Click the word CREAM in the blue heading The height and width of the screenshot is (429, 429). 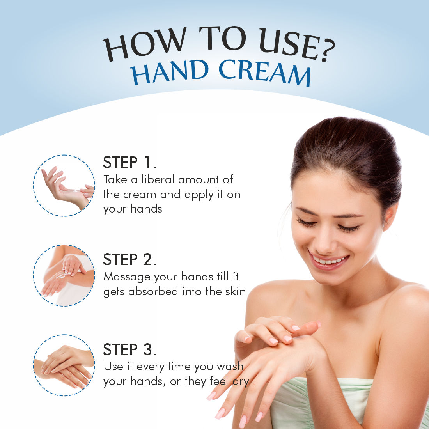click(x=265, y=73)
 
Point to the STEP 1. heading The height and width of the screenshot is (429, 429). click(x=129, y=163)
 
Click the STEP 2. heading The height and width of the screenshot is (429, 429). click(x=129, y=259)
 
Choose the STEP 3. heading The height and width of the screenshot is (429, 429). click(x=129, y=350)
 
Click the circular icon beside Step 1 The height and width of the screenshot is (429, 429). click(x=64, y=186)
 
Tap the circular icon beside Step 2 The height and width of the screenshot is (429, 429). click(x=64, y=275)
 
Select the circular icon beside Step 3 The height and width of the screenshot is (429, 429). click(x=64, y=365)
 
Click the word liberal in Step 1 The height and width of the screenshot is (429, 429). click(x=158, y=179)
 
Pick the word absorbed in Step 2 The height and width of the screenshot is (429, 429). click(x=153, y=291)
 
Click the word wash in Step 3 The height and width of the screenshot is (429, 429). click(x=230, y=366)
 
